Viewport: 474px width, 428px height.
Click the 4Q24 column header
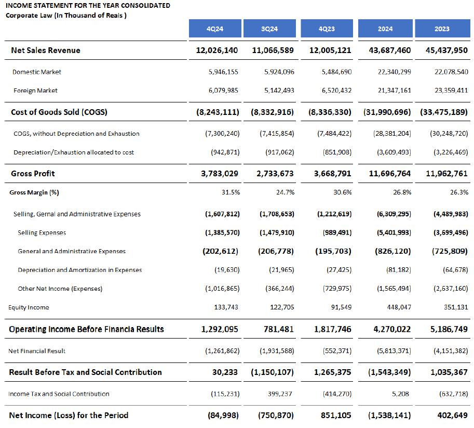214,29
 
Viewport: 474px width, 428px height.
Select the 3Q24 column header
269,29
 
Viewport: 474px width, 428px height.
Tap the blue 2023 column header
442,29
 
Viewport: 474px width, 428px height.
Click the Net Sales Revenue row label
46,50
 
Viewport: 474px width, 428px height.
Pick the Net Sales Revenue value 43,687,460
389,50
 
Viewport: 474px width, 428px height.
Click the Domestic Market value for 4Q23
336,72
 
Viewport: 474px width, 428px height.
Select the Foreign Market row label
35,90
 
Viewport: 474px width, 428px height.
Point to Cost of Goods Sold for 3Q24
273,112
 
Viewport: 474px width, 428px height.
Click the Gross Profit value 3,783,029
220,173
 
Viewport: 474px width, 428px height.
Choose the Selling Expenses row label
42,232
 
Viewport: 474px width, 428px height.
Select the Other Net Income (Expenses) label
60,289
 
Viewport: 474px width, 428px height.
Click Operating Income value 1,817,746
332,329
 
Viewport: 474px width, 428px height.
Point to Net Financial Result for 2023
449,351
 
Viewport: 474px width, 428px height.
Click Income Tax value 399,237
280,394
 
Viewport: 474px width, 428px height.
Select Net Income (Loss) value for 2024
389,415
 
